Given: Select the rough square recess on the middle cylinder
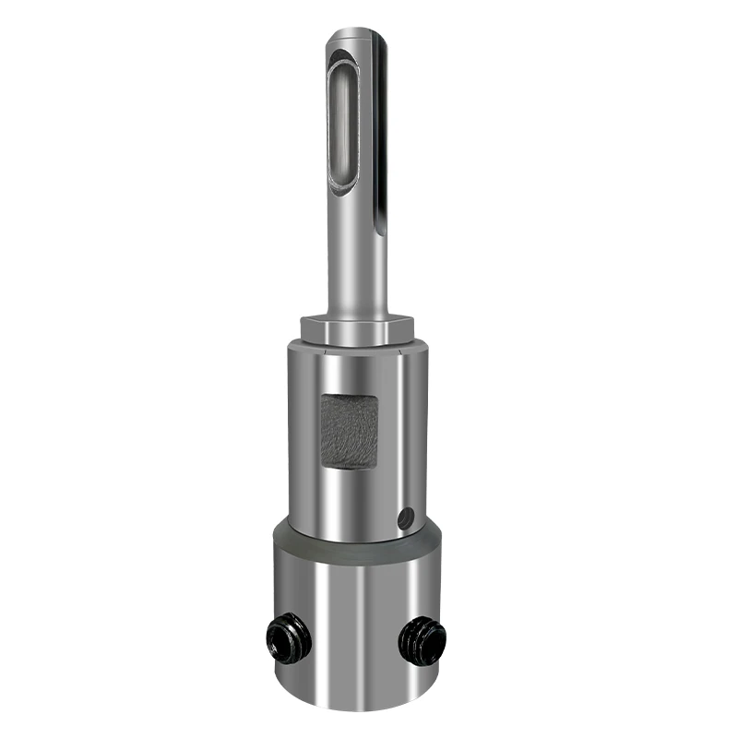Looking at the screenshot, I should tap(349, 429).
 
